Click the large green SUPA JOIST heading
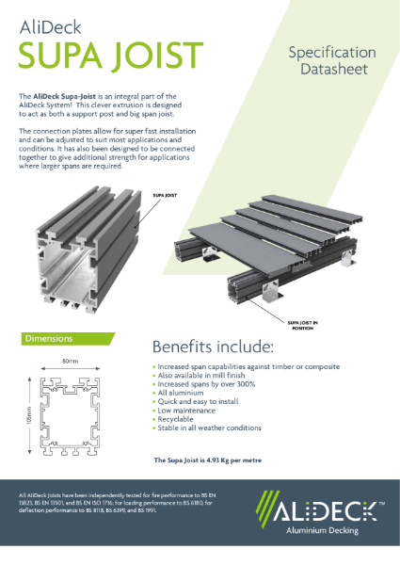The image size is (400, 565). (x=112, y=59)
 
